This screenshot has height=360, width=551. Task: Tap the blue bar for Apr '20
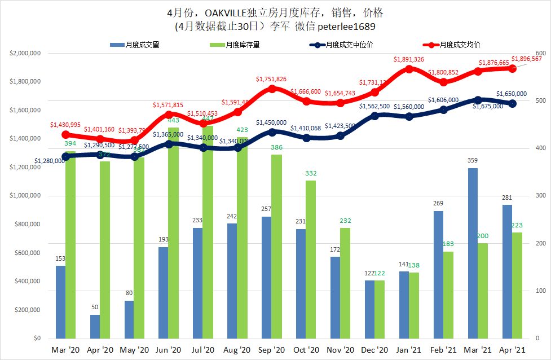coord(95,327)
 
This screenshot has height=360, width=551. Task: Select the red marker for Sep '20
coord(272,89)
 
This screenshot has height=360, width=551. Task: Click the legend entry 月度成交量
coord(136,45)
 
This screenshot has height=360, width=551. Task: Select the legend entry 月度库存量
coord(235,45)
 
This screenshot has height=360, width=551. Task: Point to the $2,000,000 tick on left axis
coord(24,53)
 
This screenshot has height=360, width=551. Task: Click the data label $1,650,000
coord(512,94)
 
